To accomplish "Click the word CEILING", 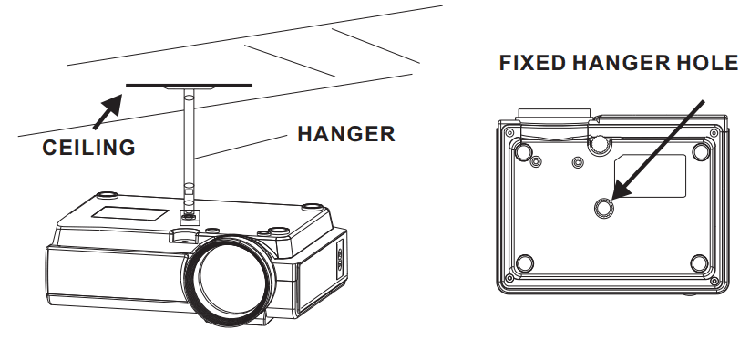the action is [x=89, y=148].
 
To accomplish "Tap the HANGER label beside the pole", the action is [x=346, y=134].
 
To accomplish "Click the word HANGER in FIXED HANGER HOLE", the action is [x=620, y=63].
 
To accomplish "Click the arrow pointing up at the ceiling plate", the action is [x=108, y=111].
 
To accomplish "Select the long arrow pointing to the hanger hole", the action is [x=658, y=149].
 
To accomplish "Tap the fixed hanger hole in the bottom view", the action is [x=603, y=208].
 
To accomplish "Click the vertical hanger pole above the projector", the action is [x=189, y=143].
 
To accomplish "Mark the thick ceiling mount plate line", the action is [x=189, y=86].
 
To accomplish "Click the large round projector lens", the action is [x=229, y=281].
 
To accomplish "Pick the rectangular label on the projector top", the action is [x=129, y=213].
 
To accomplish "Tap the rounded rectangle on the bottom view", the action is [x=650, y=176].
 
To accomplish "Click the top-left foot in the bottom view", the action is [x=524, y=152].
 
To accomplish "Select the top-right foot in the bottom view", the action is [x=701, y=152].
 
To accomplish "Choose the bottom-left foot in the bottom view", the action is [x=525, y=263].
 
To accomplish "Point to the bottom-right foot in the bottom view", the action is [x=699, y=263].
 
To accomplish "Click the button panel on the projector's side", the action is [x=340, y=258].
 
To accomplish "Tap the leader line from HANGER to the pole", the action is [x=241, y=147].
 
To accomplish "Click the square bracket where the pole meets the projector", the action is [x=189, y=216].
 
